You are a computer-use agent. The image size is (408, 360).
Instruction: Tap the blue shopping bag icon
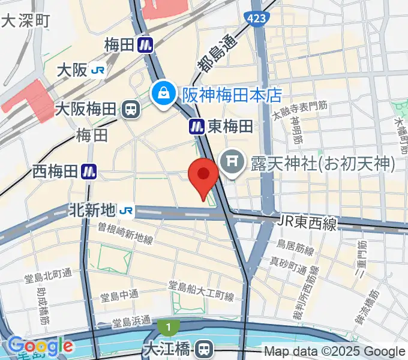coord(162,94)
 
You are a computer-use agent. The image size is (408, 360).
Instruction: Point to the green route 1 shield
coord(169,328)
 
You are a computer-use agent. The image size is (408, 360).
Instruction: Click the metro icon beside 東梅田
coord(196,126)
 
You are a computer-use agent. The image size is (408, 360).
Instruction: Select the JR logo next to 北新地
coord(126,210)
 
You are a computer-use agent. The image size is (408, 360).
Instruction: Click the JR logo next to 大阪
coord(98,71)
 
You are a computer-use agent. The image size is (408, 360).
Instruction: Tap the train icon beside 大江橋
coord(205,347)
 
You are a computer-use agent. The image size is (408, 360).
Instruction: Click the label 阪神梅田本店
coord(232,95)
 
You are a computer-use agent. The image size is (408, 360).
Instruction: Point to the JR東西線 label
coord(307,222)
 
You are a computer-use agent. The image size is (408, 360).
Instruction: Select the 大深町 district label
coord(26,22)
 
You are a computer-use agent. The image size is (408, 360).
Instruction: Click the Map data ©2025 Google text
coord(335,352)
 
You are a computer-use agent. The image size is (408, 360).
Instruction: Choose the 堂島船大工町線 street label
coord(200,290)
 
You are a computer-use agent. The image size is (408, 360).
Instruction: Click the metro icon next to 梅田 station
coord(145,44)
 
